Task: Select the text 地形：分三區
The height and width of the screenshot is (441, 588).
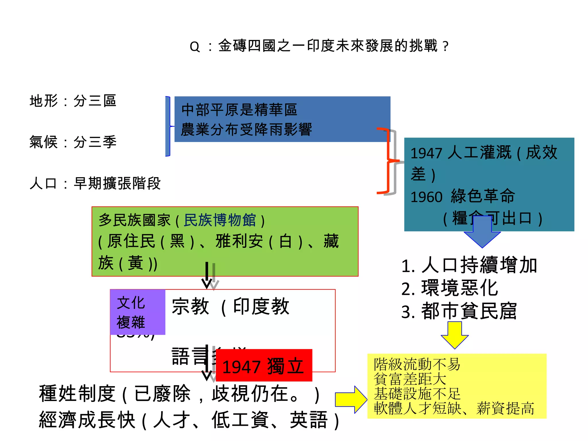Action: tap(73, 101)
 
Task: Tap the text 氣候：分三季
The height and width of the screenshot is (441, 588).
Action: tap(73, 142)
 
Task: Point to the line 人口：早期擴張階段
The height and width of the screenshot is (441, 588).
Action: tap(95, 183)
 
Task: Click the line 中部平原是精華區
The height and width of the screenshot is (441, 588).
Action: tap(239, 110)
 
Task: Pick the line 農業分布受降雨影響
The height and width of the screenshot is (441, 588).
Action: tap(246, 129)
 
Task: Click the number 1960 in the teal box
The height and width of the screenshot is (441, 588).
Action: tap(426, 197)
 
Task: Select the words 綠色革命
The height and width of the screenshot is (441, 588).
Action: tap(483, 196)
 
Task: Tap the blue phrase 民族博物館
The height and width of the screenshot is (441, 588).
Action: tap(220, 220)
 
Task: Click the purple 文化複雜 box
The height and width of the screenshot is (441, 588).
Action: tap(138, 312)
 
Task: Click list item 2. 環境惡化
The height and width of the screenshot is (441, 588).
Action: tap(450, 288)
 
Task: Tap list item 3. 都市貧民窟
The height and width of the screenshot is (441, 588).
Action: tap(459, 311)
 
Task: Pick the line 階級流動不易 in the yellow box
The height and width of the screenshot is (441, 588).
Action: tap(417, 364)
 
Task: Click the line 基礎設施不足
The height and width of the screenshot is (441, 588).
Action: tap(417, 394)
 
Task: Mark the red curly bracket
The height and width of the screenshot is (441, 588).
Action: tap(388, 161)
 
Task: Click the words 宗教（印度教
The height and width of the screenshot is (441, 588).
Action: tap(230, 307)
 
